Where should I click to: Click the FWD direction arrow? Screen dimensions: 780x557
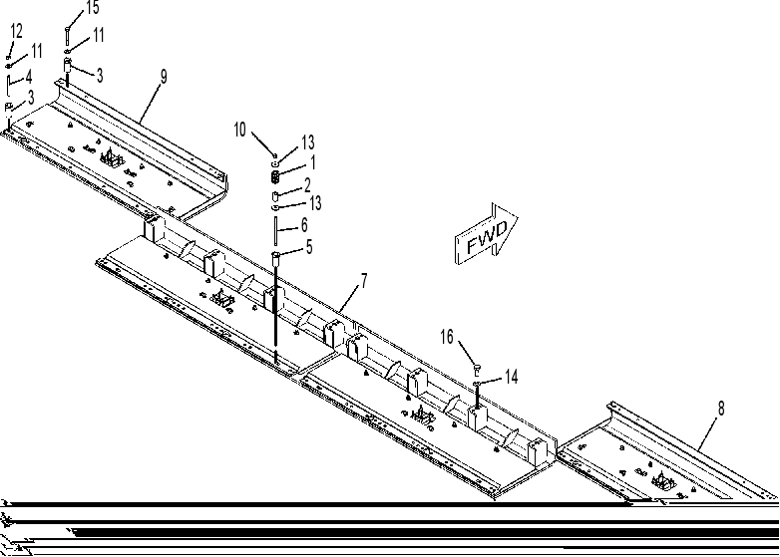point(487,234)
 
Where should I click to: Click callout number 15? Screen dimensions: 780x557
point(92,7)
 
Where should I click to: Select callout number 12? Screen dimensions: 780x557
point(16,31)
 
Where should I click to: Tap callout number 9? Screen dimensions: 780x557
point(164,77)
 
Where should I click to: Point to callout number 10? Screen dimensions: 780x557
point(239,130)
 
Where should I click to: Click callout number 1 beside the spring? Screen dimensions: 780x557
point(312,162)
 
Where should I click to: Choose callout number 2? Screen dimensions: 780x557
point(307,185)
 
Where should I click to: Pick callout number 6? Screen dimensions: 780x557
point(303,225)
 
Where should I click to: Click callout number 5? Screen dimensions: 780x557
point(309,247)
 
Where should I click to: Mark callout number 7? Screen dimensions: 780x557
point(364,281)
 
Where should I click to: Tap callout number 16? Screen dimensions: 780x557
point(447,337)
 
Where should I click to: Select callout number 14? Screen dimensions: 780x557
point(511,377)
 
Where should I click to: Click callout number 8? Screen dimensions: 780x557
point(721,409)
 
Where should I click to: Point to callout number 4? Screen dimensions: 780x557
point(28,77)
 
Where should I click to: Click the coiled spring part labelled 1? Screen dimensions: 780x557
point(275,176)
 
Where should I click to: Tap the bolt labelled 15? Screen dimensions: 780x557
point(67,36)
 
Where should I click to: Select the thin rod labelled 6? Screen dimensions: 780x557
point(275,230)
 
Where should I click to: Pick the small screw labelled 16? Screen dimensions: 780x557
point(478,370)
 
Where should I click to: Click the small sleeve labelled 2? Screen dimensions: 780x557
point(275,195)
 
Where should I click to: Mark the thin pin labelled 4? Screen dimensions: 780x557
point(8,86)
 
